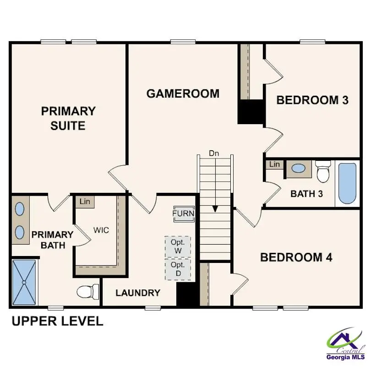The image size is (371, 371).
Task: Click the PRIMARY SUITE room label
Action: pyautogui.click(x=68, y=118)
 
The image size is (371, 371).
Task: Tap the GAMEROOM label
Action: pyautogui.click(x=183, y=93)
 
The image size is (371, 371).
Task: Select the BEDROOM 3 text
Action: pyautogui.click(x=312, y=100)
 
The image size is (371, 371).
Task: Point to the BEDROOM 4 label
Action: pyautogui.click(x=296, y=257)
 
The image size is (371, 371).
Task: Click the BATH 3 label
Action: pyautogui.click(x=306, y=194)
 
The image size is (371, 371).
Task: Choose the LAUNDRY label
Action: pyautogui.click(x=138, y=293)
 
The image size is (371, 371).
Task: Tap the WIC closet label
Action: pyautogui.click(x=101, y=230)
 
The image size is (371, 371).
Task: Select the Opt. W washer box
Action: pyautogui.click(x=178, y=247)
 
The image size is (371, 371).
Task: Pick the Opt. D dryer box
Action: pyautogui.click(x=178, y=269)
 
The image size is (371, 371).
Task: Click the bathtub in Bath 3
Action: pyautogui.click(x=347, y=184)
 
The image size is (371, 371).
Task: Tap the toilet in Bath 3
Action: pyautogui.click(x=323, y=172)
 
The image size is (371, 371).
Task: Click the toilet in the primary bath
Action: pyautogui.click(x=87, y=291)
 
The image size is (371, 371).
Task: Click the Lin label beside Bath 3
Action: pyautogui.click(x=274, y=164)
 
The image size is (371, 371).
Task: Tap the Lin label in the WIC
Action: pyautogui.click(x=85, y=202)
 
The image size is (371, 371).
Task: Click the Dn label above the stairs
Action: pyautogui.click(x=214, y=153)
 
